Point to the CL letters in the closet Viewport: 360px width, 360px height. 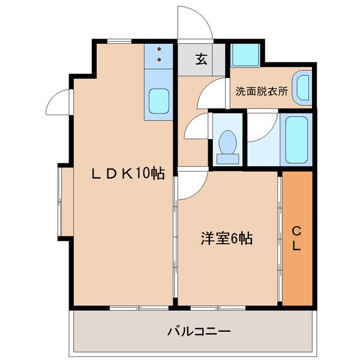[296, 239]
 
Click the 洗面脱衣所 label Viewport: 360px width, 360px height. [261, 92]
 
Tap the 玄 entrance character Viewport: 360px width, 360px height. [201, 59]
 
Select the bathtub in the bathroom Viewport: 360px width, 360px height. [296, 138]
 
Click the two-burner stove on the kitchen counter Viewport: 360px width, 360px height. [158, 55]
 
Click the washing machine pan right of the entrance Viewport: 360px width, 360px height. [245, 55]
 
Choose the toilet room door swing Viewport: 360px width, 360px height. [197, 128]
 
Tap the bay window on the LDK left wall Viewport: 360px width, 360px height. [64, 202]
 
